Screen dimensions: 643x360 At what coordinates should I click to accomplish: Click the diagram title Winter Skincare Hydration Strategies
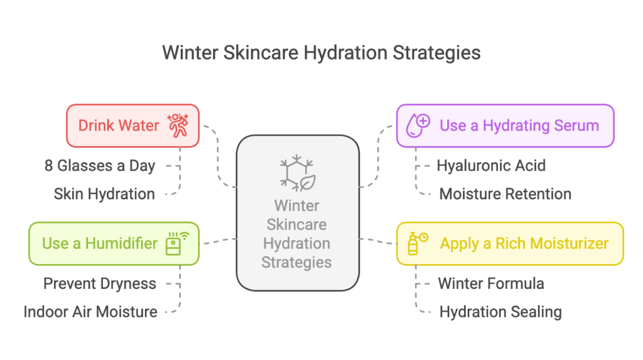point(321,53)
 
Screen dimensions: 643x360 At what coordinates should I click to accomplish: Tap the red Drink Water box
point(133,126)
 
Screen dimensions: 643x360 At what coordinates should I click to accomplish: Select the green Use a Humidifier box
point(114,244)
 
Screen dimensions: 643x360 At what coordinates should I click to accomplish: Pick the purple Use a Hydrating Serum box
point(505,126)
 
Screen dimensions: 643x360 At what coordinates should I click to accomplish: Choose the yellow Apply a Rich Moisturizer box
point(510,244)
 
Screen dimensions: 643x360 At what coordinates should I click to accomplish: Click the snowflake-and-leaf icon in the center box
point(298,173)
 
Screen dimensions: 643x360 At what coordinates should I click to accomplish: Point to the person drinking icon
point(178,125)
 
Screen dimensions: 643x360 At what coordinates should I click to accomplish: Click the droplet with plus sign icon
point(418,125)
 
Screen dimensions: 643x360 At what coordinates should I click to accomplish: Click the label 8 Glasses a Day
point(100,166)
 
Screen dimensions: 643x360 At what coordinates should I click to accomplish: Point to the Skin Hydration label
point(104,194)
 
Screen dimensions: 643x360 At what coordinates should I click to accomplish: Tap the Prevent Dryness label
point(100,283)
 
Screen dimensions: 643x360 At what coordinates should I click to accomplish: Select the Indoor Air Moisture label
point(90,312)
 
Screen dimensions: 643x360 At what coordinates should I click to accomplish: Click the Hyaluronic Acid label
point(491,166)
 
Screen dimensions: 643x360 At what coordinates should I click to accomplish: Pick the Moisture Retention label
point(505,194)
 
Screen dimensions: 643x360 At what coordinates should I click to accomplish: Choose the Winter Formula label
point(491,283)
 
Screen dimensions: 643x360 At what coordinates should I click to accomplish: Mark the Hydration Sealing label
point(500,312)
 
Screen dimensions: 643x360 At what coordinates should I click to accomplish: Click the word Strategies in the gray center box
point(296,262)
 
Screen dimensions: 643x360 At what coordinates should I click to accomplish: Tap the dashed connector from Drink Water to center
point(218,156)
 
